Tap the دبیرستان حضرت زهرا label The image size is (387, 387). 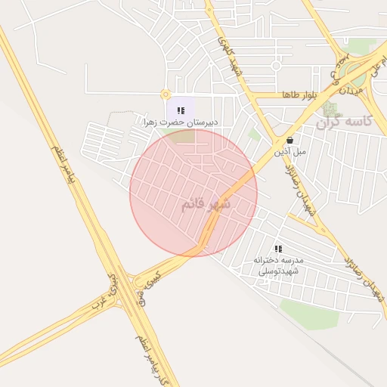point(181,122)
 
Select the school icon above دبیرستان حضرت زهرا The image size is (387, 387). point(181,110)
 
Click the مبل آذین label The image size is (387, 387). point(291,151)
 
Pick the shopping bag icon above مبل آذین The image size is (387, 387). point(289,140)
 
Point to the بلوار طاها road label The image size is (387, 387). point(297,95)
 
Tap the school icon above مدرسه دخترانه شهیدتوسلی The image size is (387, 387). point(278,248)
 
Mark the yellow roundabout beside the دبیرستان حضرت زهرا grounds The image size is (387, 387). point(166,94)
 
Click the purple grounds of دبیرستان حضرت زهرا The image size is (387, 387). point(182,108)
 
